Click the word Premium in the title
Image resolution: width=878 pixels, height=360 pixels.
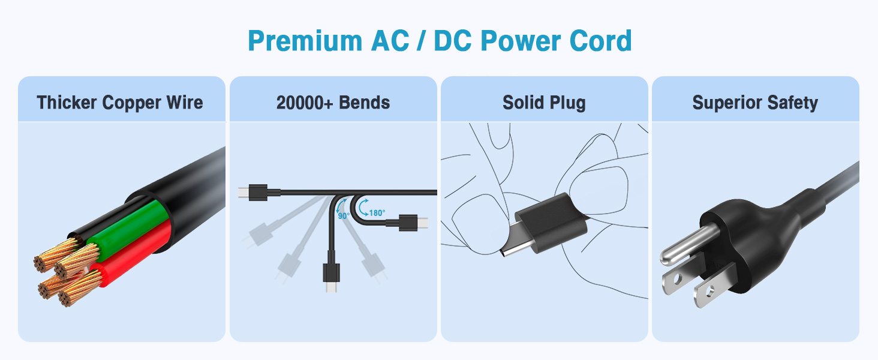(x=305, y=41)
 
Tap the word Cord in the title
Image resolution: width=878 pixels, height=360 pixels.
(x=600, y=41)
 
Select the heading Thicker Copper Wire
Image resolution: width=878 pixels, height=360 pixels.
(x=120, y=103)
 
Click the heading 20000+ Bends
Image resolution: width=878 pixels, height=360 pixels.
(x=333, y=103)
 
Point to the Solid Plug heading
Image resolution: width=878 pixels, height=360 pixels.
(x=544, y=103)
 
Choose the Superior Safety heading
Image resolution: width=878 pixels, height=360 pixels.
(x=755, y=103)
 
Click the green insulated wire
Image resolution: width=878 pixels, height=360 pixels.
(x=127, y=227)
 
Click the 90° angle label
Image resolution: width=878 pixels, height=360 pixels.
(x=344, y=215)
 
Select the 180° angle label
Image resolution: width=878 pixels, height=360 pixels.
(x=377, y=213)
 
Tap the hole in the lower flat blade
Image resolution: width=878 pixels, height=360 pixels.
(x=709, y=292)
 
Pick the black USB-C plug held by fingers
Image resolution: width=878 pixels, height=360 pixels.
(x=551, y=221)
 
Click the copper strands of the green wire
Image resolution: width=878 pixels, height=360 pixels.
(x=76, y=261)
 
